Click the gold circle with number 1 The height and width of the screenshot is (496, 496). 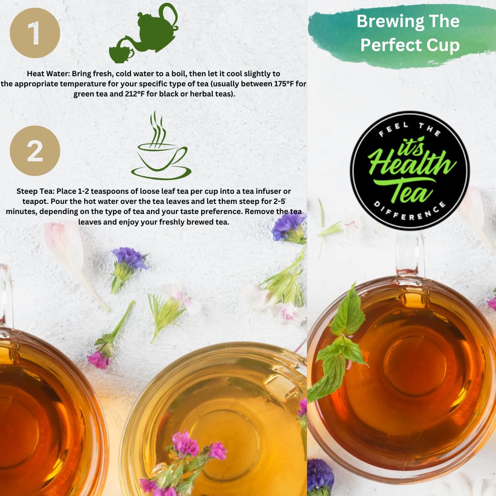pyautogui.click(x=34, y=33)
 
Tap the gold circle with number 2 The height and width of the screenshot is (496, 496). pyautogui.click(x=34, y=151)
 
